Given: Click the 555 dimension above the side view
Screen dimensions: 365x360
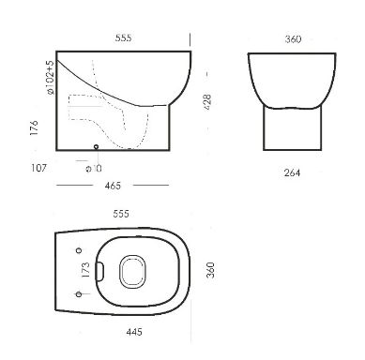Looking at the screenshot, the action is click(x=124, y=38).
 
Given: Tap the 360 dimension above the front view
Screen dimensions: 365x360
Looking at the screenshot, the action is click(x=293, y=39).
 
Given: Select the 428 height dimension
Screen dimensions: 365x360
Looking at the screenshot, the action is click(x=207, y=102).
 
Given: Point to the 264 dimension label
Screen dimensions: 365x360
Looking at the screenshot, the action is click(x=292, y=172).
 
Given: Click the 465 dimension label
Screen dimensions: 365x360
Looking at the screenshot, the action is click(x=113, y=186).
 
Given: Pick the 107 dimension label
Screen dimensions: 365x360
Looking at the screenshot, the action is click(x=38, y=168).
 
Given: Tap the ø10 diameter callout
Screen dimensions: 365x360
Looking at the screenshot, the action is click(x=94, y=169).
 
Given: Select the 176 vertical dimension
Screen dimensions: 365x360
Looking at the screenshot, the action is click(x=34, y=127).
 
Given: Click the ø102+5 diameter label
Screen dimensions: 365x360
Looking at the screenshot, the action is click(x=50, y=78).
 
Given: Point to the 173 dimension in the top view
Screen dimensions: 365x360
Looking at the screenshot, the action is click(x=85, y=270).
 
